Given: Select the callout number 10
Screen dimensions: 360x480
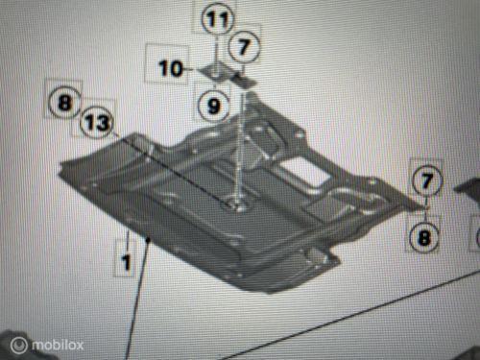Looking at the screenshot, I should point(171,68).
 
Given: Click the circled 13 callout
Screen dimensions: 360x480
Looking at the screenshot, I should point(97,123).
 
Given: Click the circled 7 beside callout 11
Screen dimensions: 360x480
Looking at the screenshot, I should point(244,44).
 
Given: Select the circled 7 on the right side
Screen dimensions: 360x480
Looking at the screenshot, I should point(425,179).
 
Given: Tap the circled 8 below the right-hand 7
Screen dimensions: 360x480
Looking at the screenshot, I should point(425,231).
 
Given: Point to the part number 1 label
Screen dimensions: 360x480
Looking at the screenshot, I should point(126,258).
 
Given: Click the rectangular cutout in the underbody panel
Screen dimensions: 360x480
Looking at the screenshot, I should point(305,171).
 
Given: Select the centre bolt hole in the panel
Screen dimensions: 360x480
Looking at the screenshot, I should point(235,204).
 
